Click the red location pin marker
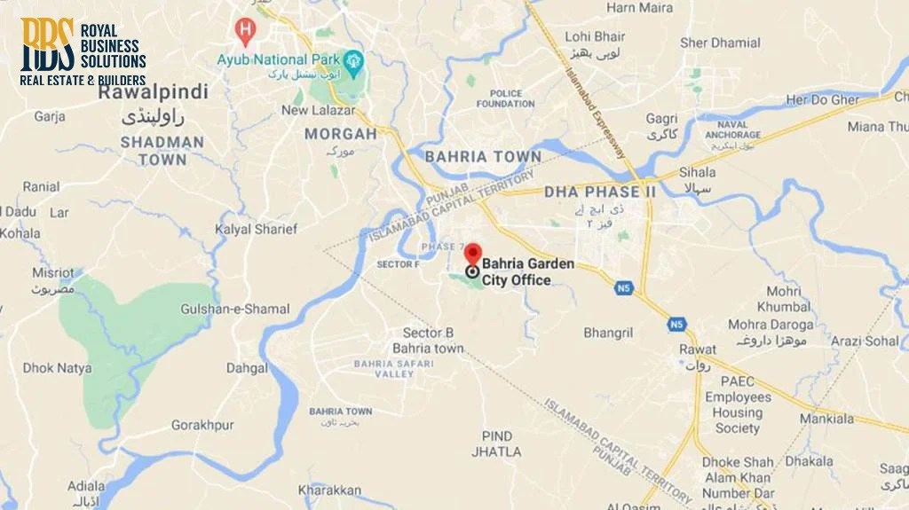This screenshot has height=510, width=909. click(473, 255)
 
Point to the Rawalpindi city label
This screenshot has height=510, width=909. click(153, 91)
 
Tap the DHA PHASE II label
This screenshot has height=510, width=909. click(600, 192)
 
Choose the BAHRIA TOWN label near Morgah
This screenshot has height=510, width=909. click(483, 157)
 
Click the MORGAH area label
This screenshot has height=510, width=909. click(341, 134)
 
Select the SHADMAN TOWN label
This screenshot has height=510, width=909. click(162, 151)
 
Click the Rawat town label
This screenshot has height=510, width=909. click(698, 349)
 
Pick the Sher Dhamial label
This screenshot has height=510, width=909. click(720, 43)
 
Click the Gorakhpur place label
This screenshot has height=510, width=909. click(202, 425)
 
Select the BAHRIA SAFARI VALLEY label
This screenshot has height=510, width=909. click(383, 368)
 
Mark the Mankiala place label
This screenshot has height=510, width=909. click(826, 419)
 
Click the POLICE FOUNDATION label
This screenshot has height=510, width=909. click(505, 98)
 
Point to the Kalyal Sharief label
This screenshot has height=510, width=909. click(256, 230)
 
